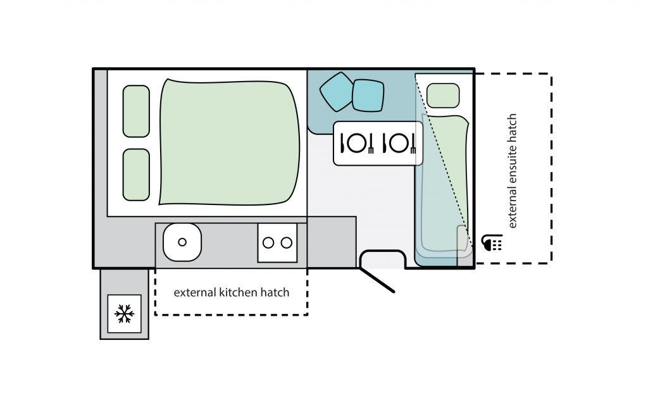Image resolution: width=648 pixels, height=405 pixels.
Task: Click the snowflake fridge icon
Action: click(x=125, y=314)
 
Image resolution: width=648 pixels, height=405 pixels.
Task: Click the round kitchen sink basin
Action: click(x=182, y=242)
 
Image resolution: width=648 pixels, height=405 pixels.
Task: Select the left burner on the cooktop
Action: click(x=268, y=242)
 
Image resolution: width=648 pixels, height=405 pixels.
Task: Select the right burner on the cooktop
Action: click(x=287, y=242)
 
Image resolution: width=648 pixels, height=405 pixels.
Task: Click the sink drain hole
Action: click(x=182, y=242)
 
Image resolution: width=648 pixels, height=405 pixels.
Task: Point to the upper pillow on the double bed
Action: click(x=136, y=111)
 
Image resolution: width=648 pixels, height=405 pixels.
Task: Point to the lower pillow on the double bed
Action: click(x=136, y=175)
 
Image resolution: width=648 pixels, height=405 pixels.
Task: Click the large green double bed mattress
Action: click(x=229, y=142)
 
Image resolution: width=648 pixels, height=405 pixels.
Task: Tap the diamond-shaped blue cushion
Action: click(x=337, y=92)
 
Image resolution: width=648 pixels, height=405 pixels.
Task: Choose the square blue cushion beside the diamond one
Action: click(x=368, y=96)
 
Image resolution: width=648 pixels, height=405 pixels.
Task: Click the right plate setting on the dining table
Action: click(x=399, y=144)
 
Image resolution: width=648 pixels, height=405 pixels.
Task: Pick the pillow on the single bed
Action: click(x=443, y=96)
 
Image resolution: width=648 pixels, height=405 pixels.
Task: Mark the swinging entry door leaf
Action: click(x=377, y=280)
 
